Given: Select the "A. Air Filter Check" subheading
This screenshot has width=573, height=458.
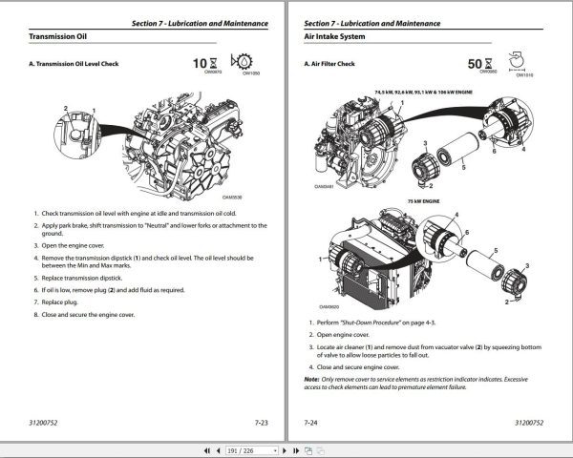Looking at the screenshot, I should tap(329, 64).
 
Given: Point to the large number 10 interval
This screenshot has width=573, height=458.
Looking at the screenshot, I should tap(200, 64).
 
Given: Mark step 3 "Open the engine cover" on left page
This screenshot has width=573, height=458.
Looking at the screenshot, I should tap(81, 245).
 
